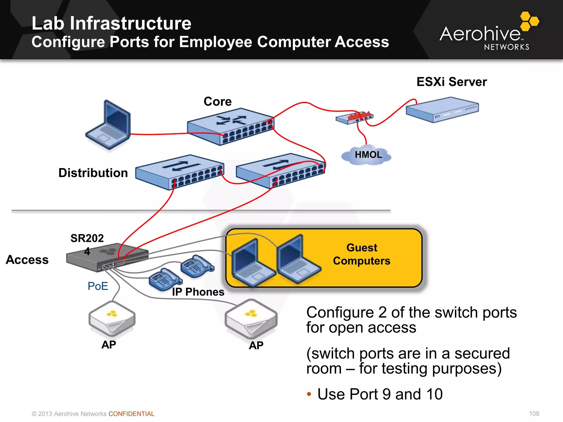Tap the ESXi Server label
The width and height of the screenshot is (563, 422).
pyautogui.click(x=451, y=82)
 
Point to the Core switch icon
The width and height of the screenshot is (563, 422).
pyautogui.click(x=230, y=126)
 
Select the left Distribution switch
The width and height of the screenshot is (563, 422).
pyautogui.click(x=180, y=172)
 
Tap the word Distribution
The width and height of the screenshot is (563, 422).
pyautogui.click(x=93, y=173)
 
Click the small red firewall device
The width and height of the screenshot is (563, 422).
pyautogui.click(x=354, y=117)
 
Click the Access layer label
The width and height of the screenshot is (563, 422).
pyautogui.click(x=27, y=260)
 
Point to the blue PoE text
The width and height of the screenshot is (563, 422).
pyautogui.click(x=98, y=286)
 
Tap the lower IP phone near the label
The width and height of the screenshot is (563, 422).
pyautogui.click(x=165, y=279)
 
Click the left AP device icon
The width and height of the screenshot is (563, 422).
pyautogui.click(x=112, y=318)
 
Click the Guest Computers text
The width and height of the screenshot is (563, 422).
pyautogui.click(x=361, y=254)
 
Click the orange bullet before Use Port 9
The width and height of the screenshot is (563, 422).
pyautogui.click(x=309, y=394)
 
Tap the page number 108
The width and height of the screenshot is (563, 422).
pyautogui.click(x=534, y=413)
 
